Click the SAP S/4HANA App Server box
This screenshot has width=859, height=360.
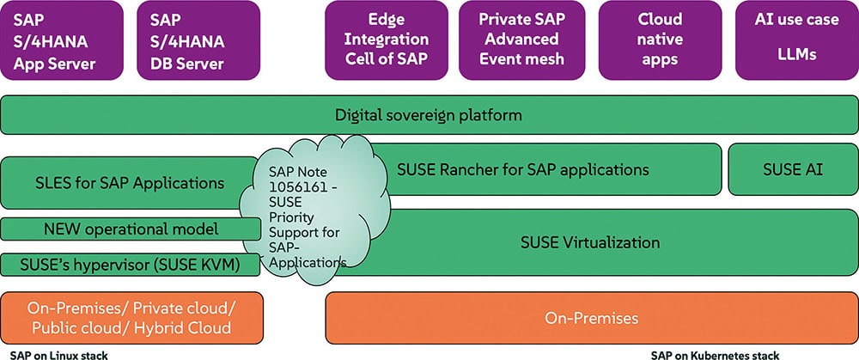click(x=62, y=40)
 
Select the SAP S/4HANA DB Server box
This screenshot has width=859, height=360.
click(x=198, y=40)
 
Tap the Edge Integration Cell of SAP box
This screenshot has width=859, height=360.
click(x=387, y=40)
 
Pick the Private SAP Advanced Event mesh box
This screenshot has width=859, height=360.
click(x=521, y=40)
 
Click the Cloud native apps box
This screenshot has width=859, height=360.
click(x=660, y=40)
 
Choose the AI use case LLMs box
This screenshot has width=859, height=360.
click(x=796, y=40)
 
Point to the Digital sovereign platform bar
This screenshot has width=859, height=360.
click(x=429, y=115)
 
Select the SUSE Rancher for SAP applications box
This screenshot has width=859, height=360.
click(x=542, y=169)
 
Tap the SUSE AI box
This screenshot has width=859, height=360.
click(x=793, y=169)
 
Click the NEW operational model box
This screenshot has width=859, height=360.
click(x=131, y=229)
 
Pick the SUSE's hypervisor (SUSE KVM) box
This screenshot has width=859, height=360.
click(x=131, y=265)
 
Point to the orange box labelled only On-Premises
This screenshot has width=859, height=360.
click(x=592, y=318)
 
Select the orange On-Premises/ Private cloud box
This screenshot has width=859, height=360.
click(x=131, y=318)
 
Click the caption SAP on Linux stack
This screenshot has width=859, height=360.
click(x=59, y=355)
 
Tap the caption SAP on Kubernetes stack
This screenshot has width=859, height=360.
click(x=715, y=355)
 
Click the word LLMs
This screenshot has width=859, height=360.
click(x=796, y=55)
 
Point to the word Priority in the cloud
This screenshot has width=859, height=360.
click(x=291, y=217)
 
